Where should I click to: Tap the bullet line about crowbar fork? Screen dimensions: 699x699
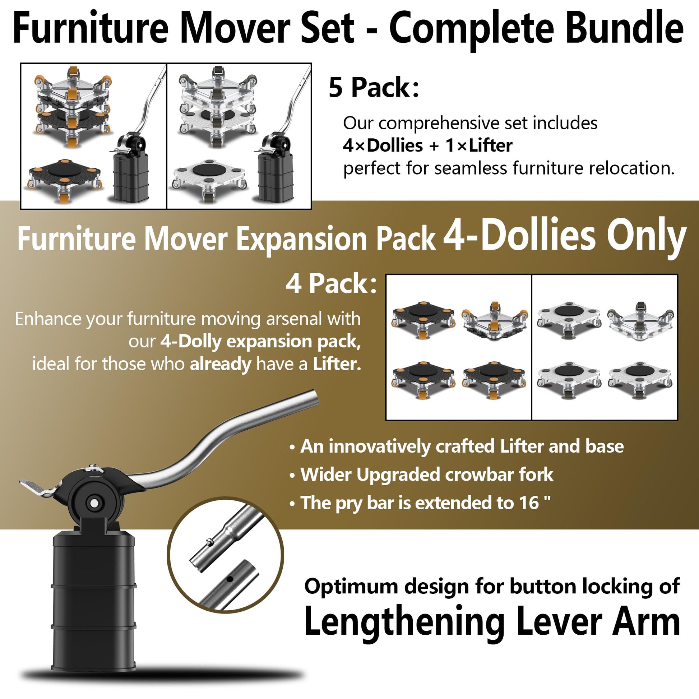tap(421, 475)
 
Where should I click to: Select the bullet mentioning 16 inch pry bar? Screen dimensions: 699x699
tap(420, 503)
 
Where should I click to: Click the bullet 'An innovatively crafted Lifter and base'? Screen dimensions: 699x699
tap(457, 446)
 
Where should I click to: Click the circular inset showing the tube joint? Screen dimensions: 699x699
tap(226, 554)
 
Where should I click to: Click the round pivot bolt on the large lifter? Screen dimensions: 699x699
tap(94, 503)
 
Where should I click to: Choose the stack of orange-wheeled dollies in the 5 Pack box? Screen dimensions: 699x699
tap(73, 107)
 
